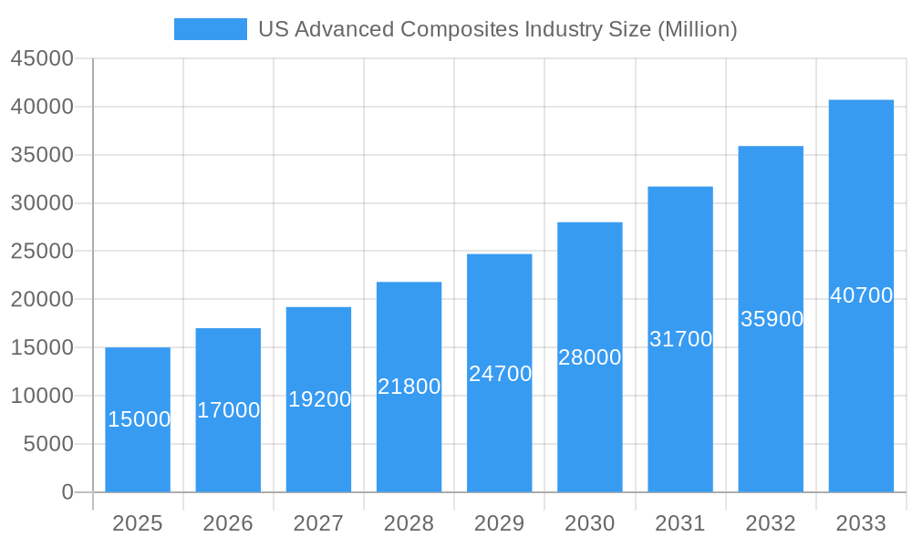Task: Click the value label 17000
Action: [x=229, y=410]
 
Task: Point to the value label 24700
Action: [x=500, y=374]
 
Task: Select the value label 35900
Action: [x=772, y=319]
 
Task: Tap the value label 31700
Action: [x=680, y=339]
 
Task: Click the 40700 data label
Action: [x=861, y=295]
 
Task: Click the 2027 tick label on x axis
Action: [x=318, y=523]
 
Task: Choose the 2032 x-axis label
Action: [x=771, y=523]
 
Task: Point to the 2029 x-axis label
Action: [x=500, y=523]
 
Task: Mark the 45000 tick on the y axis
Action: [x=42, y=58]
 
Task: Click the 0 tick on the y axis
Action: [x=67, y=492]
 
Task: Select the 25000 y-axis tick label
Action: [x=42, y=251]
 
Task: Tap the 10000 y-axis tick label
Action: [x=42, y=396]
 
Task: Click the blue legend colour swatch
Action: [x=211, y=29]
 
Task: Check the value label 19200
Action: [x=319, y=399]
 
